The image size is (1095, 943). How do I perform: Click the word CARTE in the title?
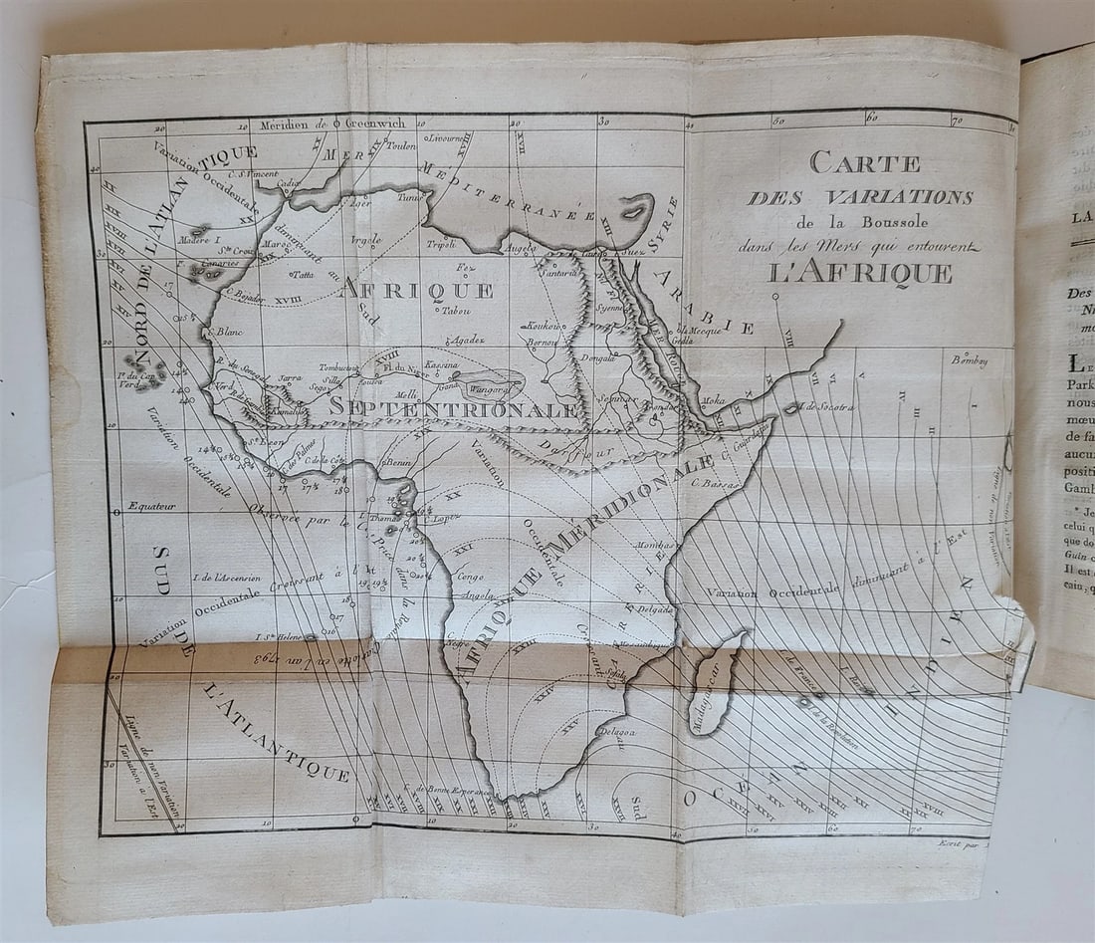pyautogui.click(x=864, y=161)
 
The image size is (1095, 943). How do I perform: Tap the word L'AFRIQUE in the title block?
pyautogui.click(x=861, y=273)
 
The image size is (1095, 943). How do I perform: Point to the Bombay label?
pyautogui.click(x=969, y=360)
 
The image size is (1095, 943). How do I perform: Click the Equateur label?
pyautogui.click(x=151, y=506)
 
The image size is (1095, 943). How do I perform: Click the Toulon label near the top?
pyautogui.click(x=402, y=145)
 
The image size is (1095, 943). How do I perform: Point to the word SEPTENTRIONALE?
pyautogui.click(x=453, y=408)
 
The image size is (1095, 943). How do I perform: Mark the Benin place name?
pyautogui.click(x=399, y=464)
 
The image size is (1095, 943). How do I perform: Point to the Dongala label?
pyautogui.click(x=597, y=356)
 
